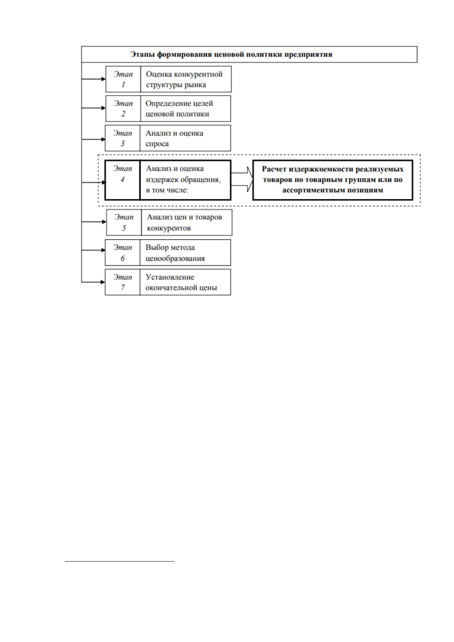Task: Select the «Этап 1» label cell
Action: pos(123,79)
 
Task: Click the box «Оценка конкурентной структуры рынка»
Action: pos(186,79)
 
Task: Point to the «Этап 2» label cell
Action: pos(123,109)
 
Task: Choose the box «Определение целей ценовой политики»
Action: pos(185,109)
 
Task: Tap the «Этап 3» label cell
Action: pos(123,138)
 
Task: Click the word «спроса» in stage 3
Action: pos(157,144)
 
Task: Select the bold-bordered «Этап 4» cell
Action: pos(122,180)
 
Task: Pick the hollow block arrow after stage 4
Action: pos(242,179)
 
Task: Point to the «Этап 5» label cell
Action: pos(124,222)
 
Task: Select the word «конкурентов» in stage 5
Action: pos(169,228)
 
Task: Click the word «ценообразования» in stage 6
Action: pos(175,258)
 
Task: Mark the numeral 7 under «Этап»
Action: pos(123,287)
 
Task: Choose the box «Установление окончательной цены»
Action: pos(185,282)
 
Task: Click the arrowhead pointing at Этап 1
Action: pos(103,79)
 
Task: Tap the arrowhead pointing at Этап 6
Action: pos(103,250)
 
